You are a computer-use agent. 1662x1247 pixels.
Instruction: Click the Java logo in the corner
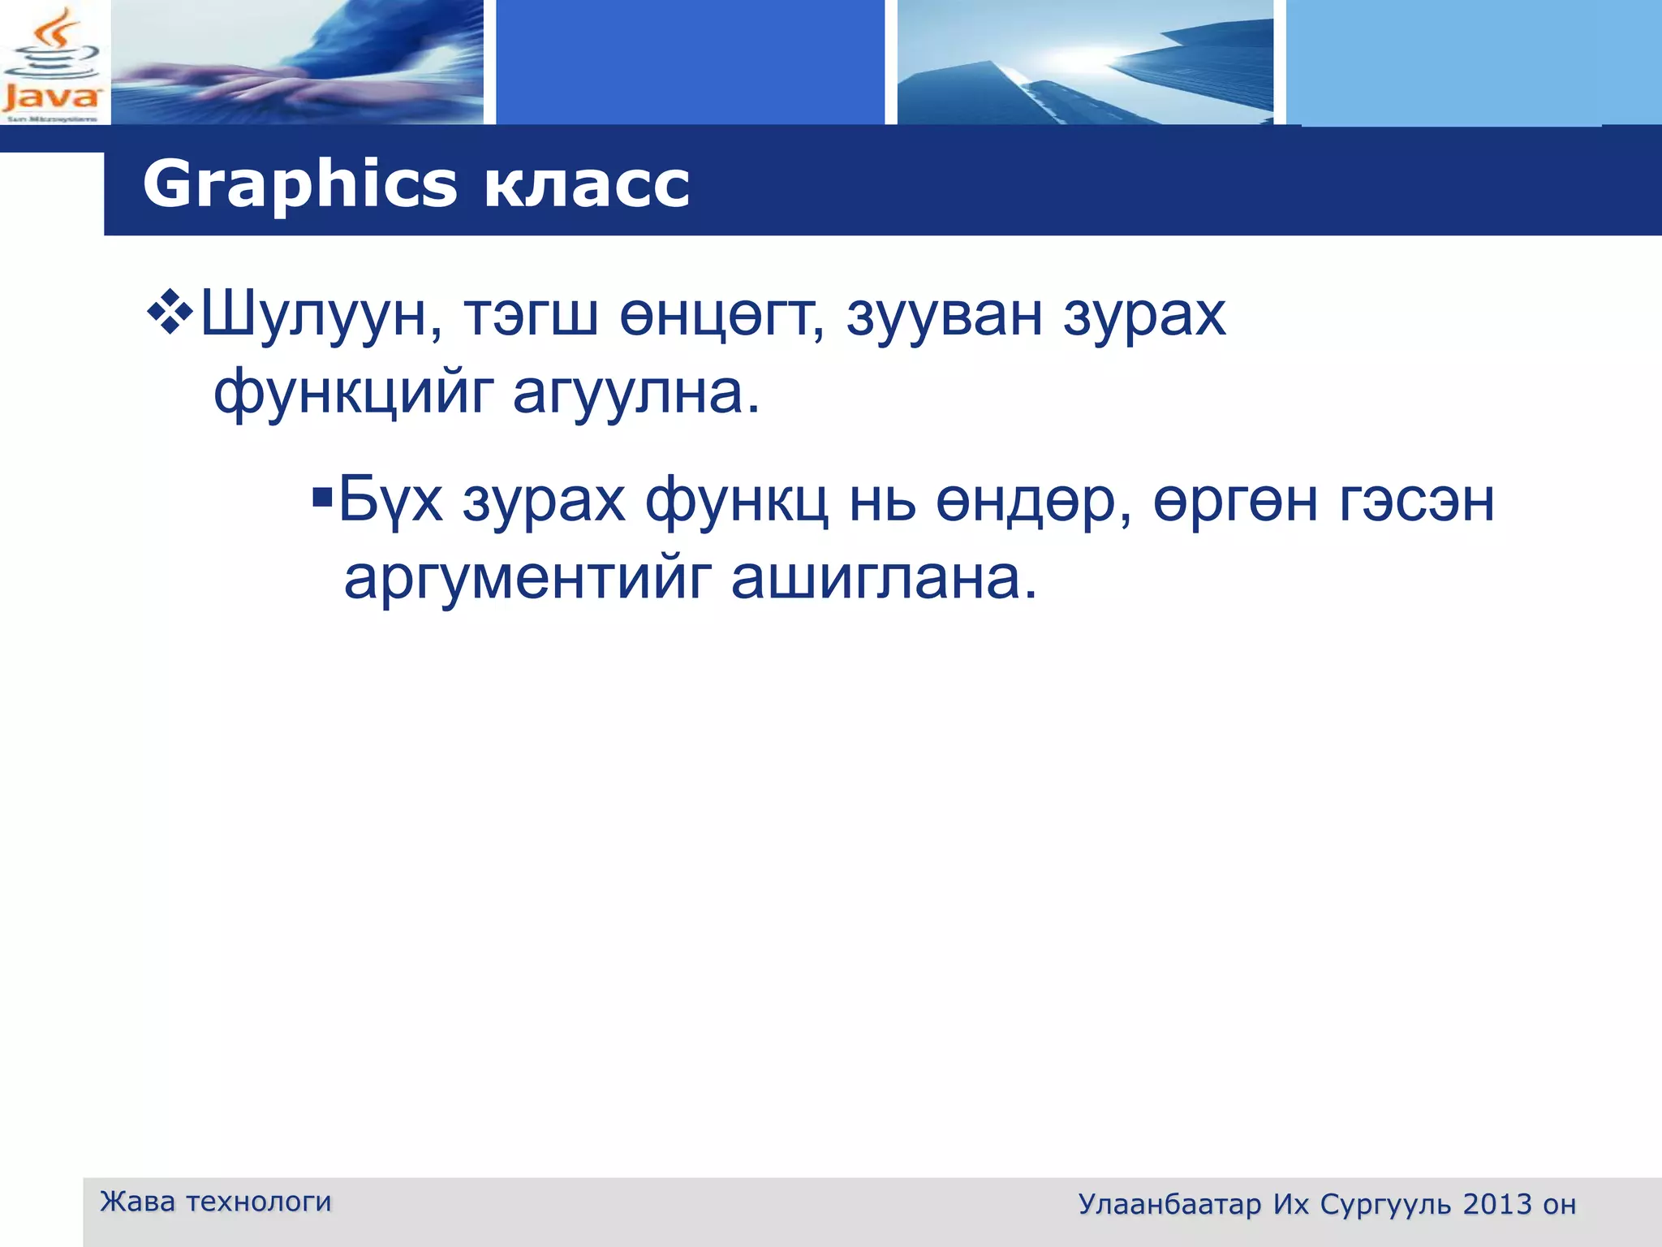coord(53,63)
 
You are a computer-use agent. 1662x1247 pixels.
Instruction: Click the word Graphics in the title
coord(299,185)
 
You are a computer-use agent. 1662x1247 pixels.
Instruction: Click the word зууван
coord(945,315)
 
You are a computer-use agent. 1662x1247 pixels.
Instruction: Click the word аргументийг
coord(527,579)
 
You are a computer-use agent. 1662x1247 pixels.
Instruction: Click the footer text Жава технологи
coord(215,1202)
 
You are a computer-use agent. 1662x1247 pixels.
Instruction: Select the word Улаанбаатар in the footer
coord(1169,1205)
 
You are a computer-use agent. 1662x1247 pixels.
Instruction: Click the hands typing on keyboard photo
coord(296,63)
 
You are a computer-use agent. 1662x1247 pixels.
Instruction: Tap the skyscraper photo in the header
coord(1084,63)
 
